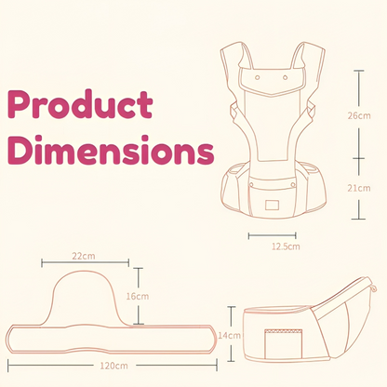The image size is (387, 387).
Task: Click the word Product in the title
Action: coord(80,104)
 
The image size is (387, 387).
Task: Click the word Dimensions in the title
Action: coord(111,150)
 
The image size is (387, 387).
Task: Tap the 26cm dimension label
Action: coord(359,115)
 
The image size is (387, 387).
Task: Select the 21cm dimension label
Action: coord(359,188)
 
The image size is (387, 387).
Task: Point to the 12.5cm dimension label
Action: coord(286,247)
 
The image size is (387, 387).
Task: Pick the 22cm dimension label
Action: coord(84,256)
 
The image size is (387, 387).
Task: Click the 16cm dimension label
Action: coord(138,296)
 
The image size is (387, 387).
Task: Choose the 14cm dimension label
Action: coord(229,335)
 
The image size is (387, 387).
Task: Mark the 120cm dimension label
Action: coord(113,366)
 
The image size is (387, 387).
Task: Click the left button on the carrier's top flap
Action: coord(258,77)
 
